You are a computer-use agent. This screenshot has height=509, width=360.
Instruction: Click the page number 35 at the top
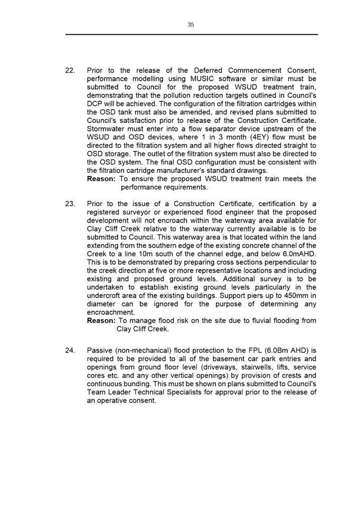(191, 24)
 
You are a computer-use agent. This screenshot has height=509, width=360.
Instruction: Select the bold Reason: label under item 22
(101, 179)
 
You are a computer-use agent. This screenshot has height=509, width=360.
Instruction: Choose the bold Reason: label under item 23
(101, 320)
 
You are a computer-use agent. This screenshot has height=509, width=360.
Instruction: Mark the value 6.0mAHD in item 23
(297, 254)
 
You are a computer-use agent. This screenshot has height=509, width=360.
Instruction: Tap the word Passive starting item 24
(101, 350)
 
